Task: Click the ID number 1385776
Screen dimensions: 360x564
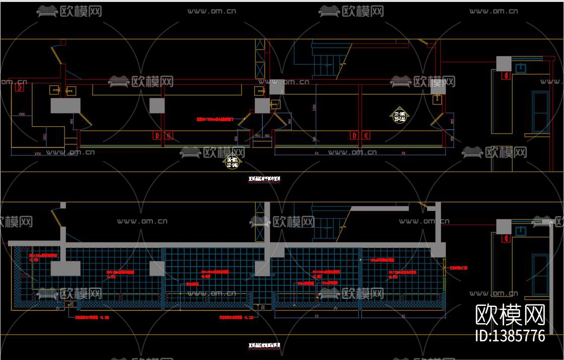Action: point(511,336)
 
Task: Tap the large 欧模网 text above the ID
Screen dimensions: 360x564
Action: point(511,315)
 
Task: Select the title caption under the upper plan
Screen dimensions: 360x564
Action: point(264,178)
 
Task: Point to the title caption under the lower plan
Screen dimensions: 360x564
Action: point(264,346)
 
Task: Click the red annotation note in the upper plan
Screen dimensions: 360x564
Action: point(215,120)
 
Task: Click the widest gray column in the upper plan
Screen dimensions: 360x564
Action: point(66,106)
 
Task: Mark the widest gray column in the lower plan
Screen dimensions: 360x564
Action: point(66,268)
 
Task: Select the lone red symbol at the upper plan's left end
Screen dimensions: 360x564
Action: point(19,88)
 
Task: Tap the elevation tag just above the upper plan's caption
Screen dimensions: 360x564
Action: point(232,162)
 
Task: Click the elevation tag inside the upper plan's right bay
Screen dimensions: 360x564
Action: point(400,117)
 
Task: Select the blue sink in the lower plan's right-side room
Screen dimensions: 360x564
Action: point(521,230)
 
